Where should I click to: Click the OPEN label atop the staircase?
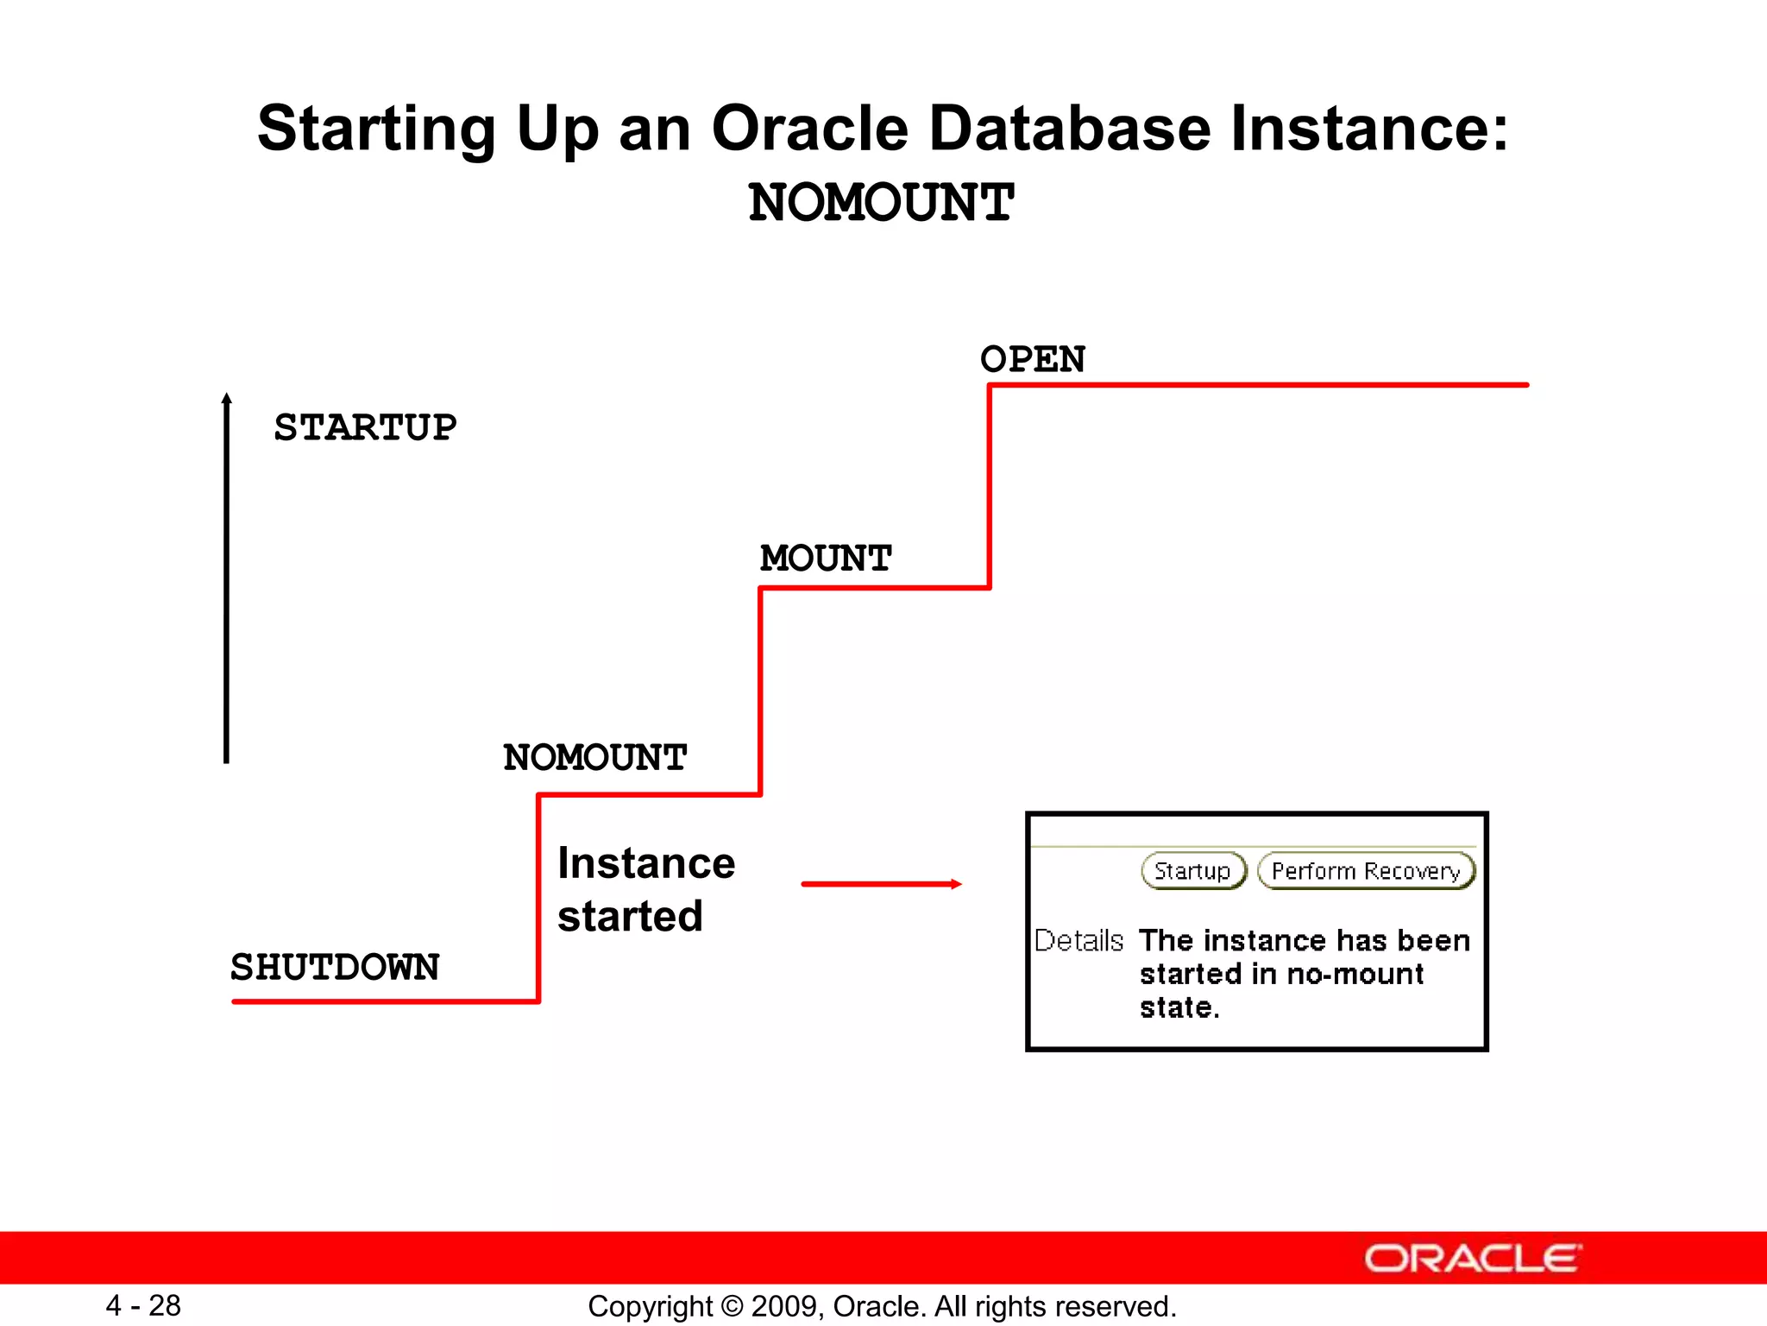coord(1032,359)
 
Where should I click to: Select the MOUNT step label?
coord(825,559)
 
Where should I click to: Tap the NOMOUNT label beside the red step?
coord(594,758)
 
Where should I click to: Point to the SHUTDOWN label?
coord(335,967)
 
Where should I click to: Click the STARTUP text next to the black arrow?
coord(365,428)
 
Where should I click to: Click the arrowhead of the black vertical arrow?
coord(226,399)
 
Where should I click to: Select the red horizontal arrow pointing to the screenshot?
coord(880,884)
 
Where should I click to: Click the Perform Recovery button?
coord(1366,871)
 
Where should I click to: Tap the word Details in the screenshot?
coord(1078,940)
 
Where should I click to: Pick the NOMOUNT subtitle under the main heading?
coord(881,203)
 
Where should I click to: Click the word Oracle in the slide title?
coord(809,129)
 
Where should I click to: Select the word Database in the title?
coord(1070,129)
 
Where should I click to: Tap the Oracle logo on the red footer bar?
coord(1472,1259)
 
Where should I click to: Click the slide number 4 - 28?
coord(143,1305)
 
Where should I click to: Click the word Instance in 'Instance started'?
coord(646,863)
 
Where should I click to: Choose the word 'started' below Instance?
coord(630,916)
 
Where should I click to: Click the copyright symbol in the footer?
coord(732,1306)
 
